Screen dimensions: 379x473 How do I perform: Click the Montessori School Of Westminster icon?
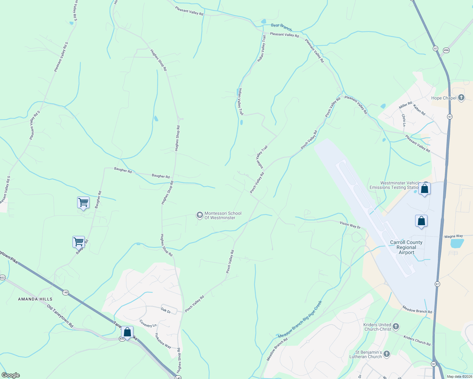pyautogui.click(x=200, y=215)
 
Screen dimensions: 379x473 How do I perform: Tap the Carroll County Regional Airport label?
pyautogui.click(x=406, y=247)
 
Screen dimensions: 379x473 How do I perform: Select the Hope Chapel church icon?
pyautogui.click(x=461, y=98)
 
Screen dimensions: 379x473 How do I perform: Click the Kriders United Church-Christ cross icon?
pyautogui.click(x=396, y=327)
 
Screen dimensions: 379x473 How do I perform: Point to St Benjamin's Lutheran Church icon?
pyautogui.click(x=387, y=354)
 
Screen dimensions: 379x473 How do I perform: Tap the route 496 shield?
pyautogui.click(x=446, y=50)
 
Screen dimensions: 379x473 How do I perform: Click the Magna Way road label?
pyautogui.click(x=453, y=236)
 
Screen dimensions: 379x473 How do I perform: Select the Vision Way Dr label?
pyautogui.click(x=350, y=225)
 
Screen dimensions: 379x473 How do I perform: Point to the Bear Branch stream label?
pyautogui.click(x=281, y=27)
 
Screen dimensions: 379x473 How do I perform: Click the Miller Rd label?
pyautogui.click(x=405, y=105)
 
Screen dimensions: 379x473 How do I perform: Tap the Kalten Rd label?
pyautogui.click(x=419, y=109)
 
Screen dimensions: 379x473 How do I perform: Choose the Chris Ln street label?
pyautogui.click(x=403, y=120)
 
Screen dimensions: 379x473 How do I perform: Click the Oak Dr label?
pyautogui.click(x=166, y=310)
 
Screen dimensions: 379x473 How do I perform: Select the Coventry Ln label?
pyautogui.click(x=148, y=323)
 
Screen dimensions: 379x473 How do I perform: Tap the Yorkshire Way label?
pyautogui.click(x=163, y=340)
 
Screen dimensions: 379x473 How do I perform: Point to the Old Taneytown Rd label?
pyautogui.click(x=60, y=316)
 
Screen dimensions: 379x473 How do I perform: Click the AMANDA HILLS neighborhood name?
pyautogui.click(x=35, y=299)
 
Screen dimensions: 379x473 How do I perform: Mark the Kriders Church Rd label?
pyautogui.click(x=417, y=340)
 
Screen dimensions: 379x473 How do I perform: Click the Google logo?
pyautogui.click(x=10, y=375)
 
